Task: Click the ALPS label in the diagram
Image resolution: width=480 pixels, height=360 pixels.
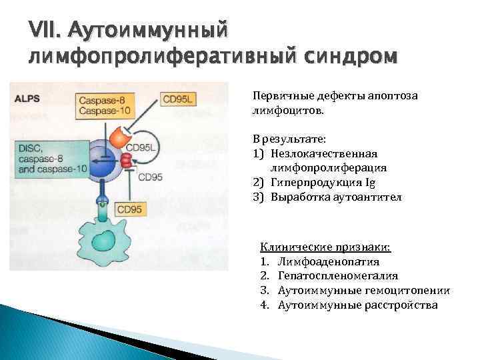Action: point(28,98)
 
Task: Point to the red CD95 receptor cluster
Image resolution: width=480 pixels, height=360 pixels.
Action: point(127,159)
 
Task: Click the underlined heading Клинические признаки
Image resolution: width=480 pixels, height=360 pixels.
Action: point(325,247)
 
